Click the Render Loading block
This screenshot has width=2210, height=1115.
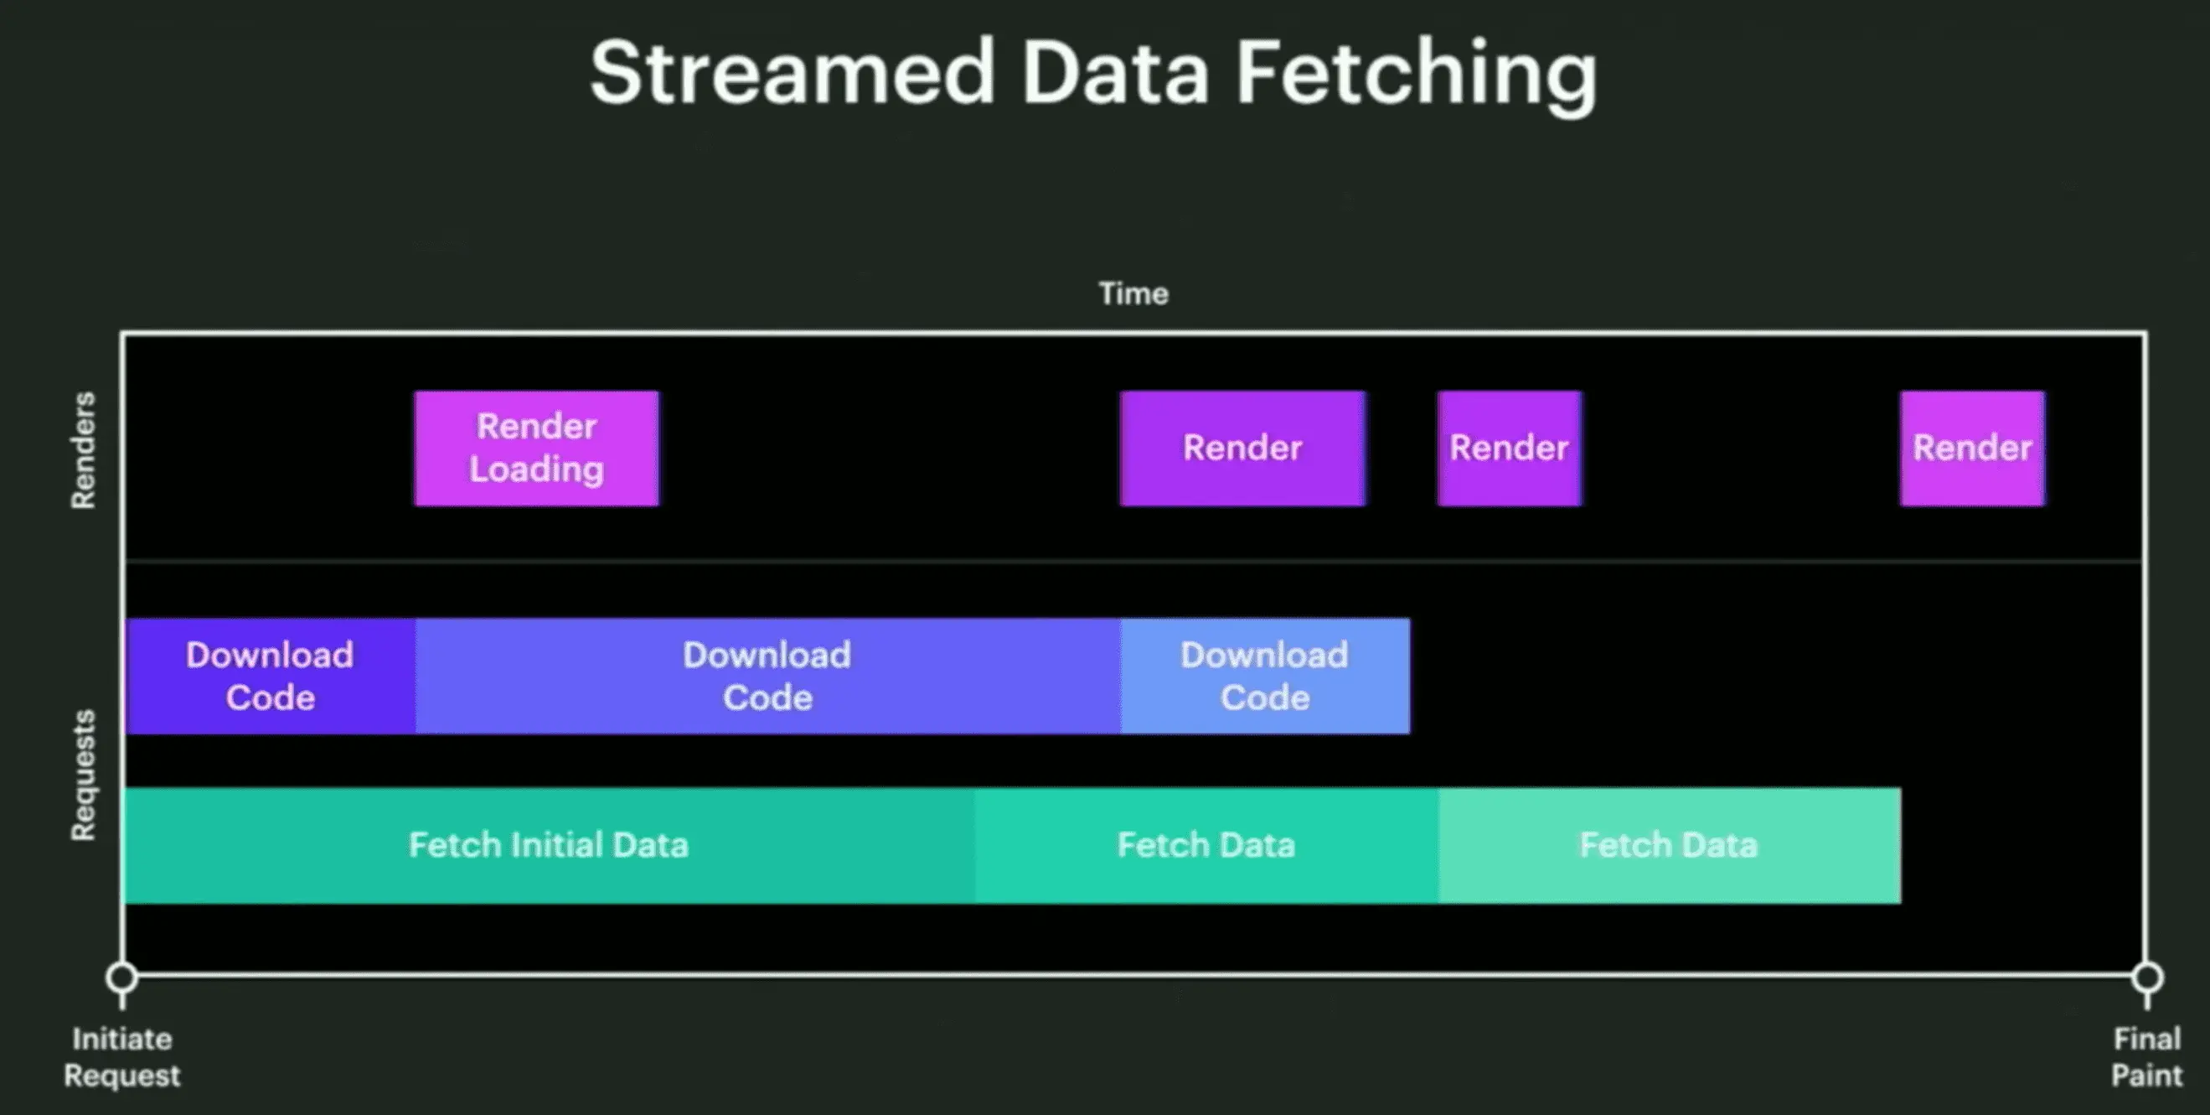click(x=536, y=448)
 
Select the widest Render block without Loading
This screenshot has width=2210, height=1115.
click(x=1242, y=448)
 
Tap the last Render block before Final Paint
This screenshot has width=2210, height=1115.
click(x=1972, y=448)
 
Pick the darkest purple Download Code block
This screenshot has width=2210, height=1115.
click(x=271, y=677)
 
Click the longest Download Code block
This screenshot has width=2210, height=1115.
click(x=768, y=677)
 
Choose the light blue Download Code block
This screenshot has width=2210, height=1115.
click(x=1264, y=677)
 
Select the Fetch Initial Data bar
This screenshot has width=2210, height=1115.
click(x=550, y=846)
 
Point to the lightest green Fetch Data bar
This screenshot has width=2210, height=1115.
click(x=1670, y=846)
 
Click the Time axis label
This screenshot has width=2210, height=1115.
click(x=1133, y=293)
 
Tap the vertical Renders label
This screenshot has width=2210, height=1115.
click(x=83, y=451)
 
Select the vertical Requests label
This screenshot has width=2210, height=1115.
click(x=83, y=775)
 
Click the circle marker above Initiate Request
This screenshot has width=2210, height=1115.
click(x=121, y=977)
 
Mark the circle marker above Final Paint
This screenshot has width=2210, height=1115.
click(x=2147, y=977)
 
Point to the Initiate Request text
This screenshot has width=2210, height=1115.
click(x=121, y=1057)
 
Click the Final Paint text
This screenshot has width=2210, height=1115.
click(x=2146, y=1057)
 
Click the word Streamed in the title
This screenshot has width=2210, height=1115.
click(x=793, y=73)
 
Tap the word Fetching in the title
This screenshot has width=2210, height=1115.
click(x=1417, y=75)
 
